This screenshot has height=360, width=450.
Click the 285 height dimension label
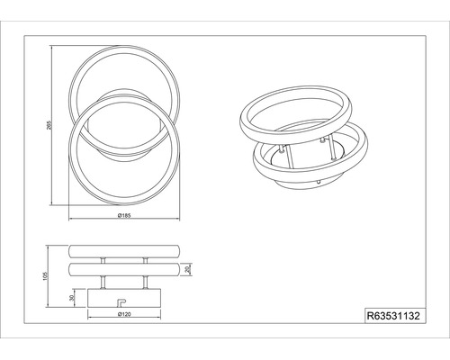pyautogui.click(x=49, y=125)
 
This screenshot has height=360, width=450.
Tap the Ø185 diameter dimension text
pyautogui.click(x=124, y=215)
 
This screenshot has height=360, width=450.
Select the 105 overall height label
pyautogui.click(x=45, y=276)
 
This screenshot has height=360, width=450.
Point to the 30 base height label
pyautogui.click(x=71, y=298)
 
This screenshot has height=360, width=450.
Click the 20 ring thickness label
pyautogui.click(x=188, y=269)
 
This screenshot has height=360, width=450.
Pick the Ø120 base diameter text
pyautogui.click(x=124, y=314)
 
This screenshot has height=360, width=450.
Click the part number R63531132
pyautogui.click(x=393, y=316)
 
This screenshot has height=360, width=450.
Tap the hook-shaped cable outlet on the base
pyautogui.click(x=121, y=302)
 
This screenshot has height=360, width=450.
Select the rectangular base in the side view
pyautogui.click(x=124, y=298)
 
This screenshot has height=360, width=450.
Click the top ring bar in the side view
pyautogui.click(x=124, y=251)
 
